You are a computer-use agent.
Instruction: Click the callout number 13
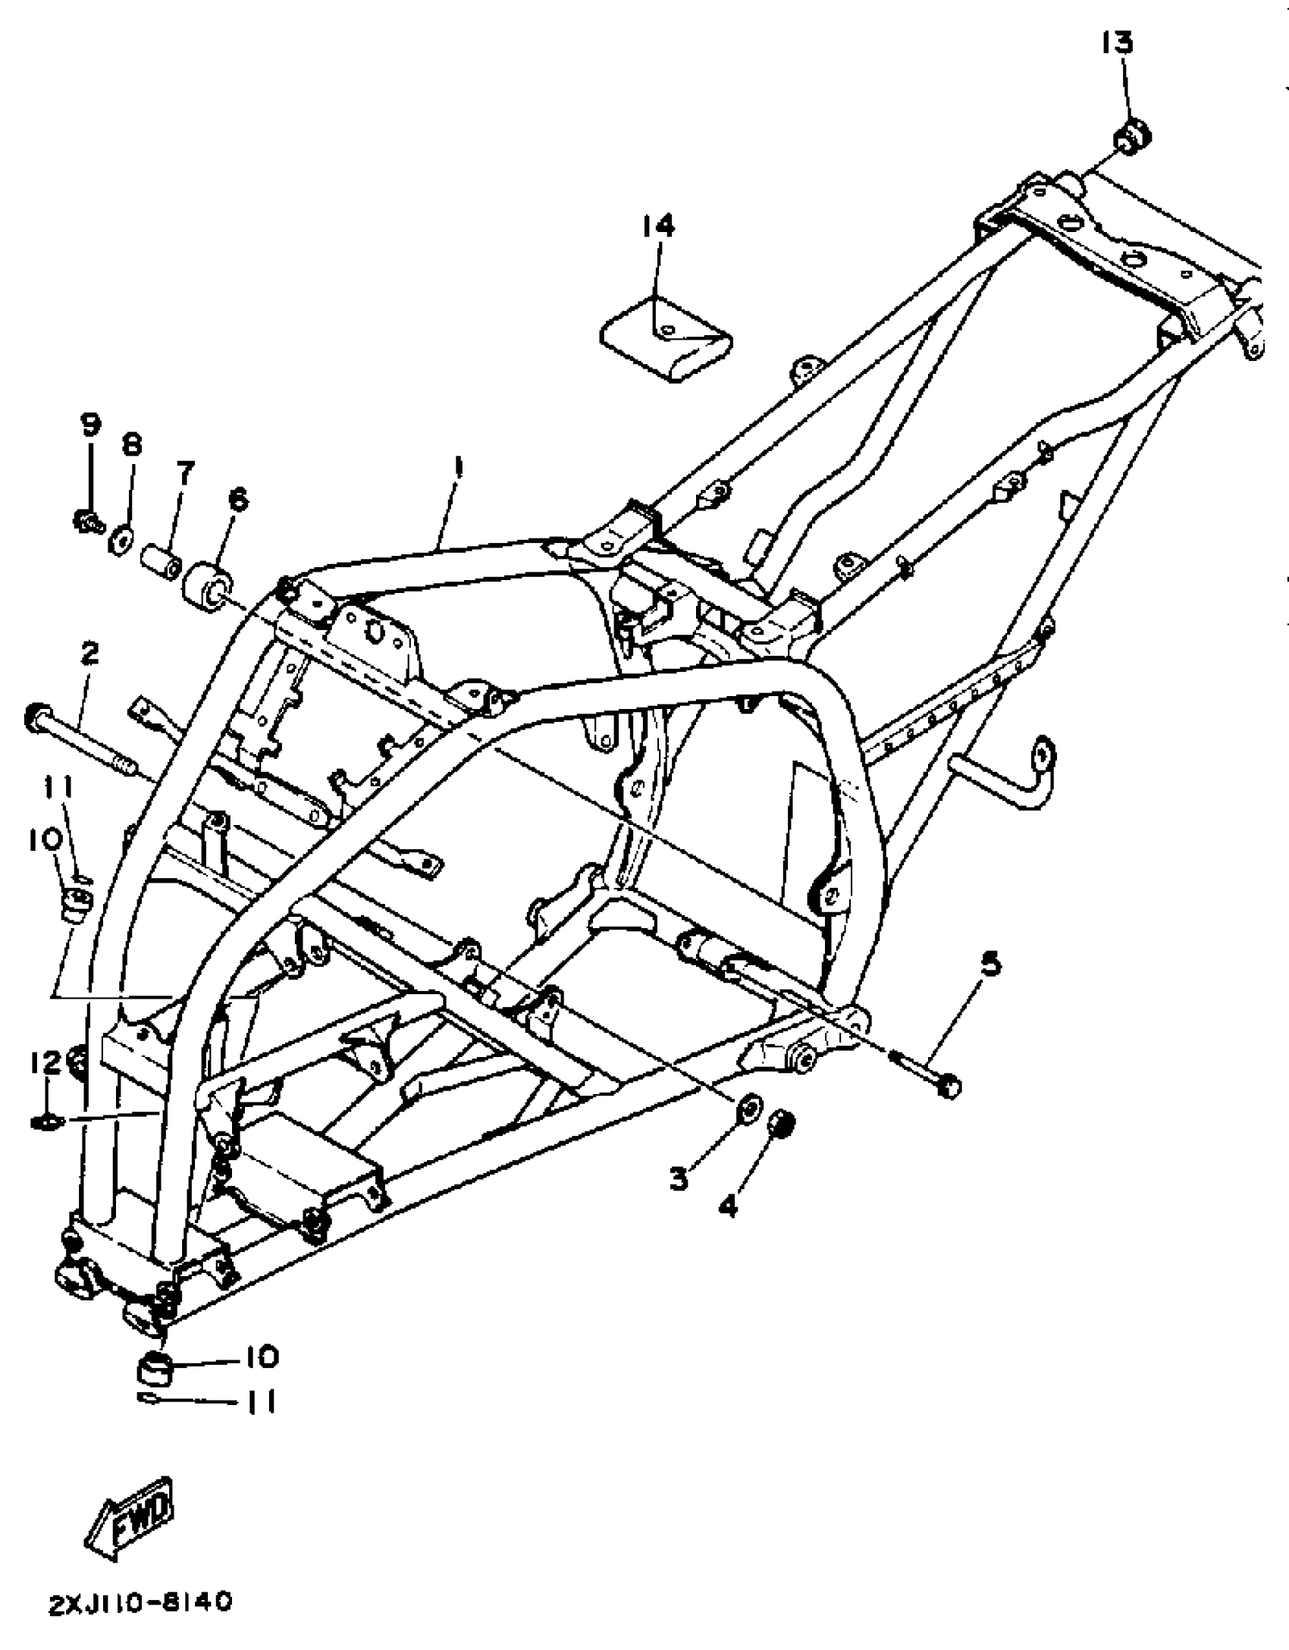[1117, 43]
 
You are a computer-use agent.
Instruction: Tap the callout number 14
[657, 225]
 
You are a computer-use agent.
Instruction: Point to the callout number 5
[989, 965]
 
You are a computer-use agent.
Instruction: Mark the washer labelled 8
[121, 541]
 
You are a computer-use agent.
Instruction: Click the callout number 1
[458, 467]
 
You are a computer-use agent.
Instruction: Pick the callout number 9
[90, 425]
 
